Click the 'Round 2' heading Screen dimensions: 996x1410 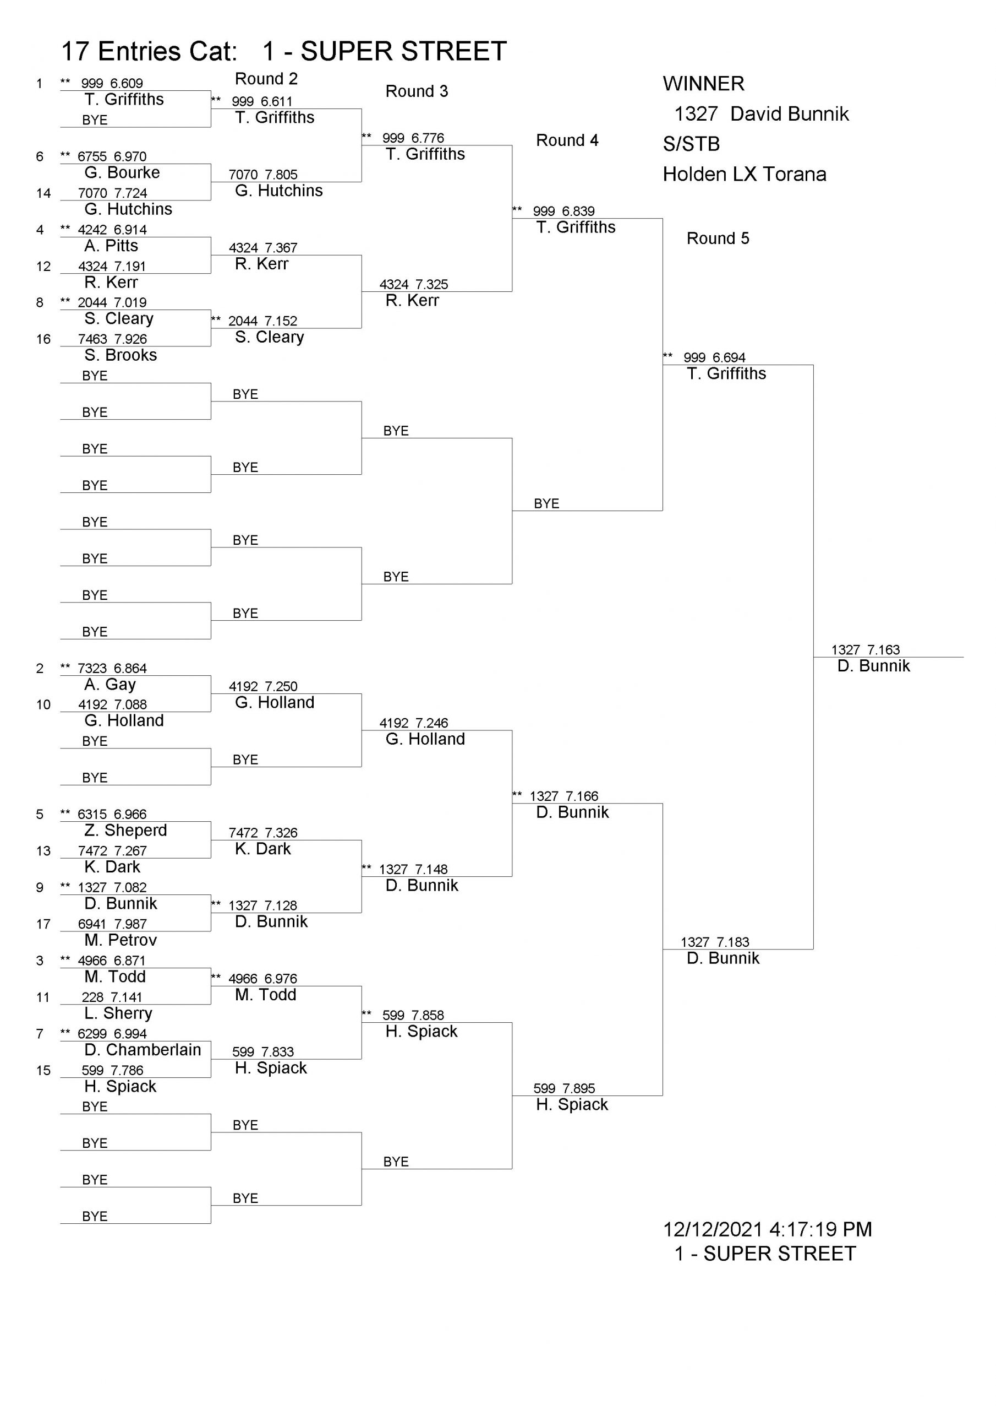click(x=266, y=79)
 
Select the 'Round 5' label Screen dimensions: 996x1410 click(x=718, y=238)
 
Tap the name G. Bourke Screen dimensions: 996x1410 click(x=122, y=172)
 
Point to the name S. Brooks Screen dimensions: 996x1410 click(x=121, y=355)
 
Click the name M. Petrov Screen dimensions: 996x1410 click(x=121, y=940)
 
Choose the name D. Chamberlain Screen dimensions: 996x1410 click(x=143, y=1050)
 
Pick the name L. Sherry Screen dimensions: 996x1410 click(x=118, y=1013)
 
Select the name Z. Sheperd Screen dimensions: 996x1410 click(x=126, y=830)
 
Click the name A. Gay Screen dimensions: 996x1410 click(x=111, y=684)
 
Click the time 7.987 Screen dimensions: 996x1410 click(x=130, y=924)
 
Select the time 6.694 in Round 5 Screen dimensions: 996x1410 click(x=729, y=357)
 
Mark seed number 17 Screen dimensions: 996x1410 click(x=43, y=924)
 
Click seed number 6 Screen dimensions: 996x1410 click(x=40, y=156)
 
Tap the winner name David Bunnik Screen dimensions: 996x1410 click(x=790, y=114)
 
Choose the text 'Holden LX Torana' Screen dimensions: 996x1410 click(x=745, y=175)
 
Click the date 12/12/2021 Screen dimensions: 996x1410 click(x=713, y=1229)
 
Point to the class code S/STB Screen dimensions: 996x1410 click(x=692, y=144)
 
